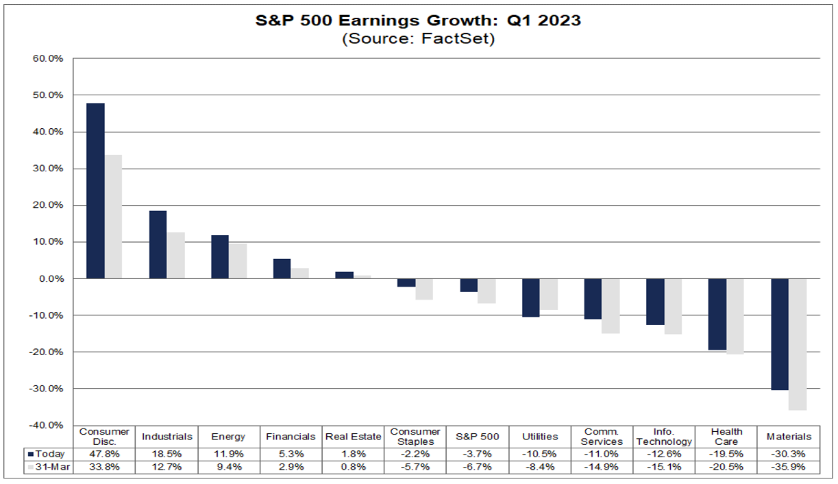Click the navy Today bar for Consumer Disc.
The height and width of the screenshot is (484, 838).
pyautogui.click(x=95, y=191)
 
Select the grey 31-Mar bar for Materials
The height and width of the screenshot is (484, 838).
pyautogui.click(x=797, y=344)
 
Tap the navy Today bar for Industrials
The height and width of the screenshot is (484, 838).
pyautogui.click(x=158, y=244)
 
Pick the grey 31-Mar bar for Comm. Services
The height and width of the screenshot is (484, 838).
pyautogui.click(x=611, y=306)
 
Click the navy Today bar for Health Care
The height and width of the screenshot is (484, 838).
pyautogui.click(x=717, y=314)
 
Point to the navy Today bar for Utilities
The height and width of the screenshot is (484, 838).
pyautogui.click(x=530, y=298)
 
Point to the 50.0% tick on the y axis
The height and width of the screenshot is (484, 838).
pyautogui.click(x=48, y=95)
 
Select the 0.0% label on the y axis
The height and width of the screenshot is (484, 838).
pyautogui.click(x=50, y=278)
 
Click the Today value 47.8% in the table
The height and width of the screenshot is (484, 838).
pyautogui.click(x=104, y=454)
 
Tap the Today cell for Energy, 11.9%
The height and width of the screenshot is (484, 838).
pyautogui.click(x=229, y=454)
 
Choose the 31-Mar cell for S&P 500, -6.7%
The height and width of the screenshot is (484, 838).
pyautogui.click(x=478, y=468)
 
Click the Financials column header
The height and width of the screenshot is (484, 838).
pyautogui.click(x=291, y=437)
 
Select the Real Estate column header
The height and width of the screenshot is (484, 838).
pyautogui.click(x=354, y=437)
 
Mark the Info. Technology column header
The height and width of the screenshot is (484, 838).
pyautogui.click(x=664, y=437)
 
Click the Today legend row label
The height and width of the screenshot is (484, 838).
pyautogui.click(x=47, y=454)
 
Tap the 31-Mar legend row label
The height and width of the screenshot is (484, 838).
pyautogui.click(x=47, y=468)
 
